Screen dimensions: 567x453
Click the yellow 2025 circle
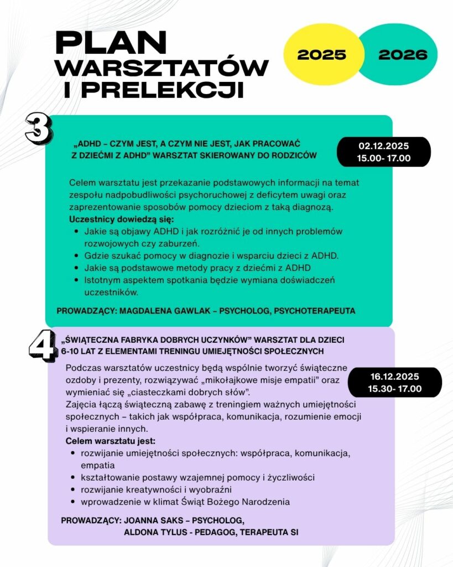coord(321,54)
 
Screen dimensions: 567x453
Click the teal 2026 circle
coord(403,54)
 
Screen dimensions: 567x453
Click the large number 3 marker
coord(38,128)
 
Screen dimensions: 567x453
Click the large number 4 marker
coord(42,346)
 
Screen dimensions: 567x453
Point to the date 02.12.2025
coord(383,146)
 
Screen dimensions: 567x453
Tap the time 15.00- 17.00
coord(383,158)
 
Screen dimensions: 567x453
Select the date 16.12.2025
coord(395,377)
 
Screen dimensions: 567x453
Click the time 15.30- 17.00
coord(395,389)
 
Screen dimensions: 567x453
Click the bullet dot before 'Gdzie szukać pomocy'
coord(75,256)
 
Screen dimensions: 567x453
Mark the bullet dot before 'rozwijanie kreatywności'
coord(74,490)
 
